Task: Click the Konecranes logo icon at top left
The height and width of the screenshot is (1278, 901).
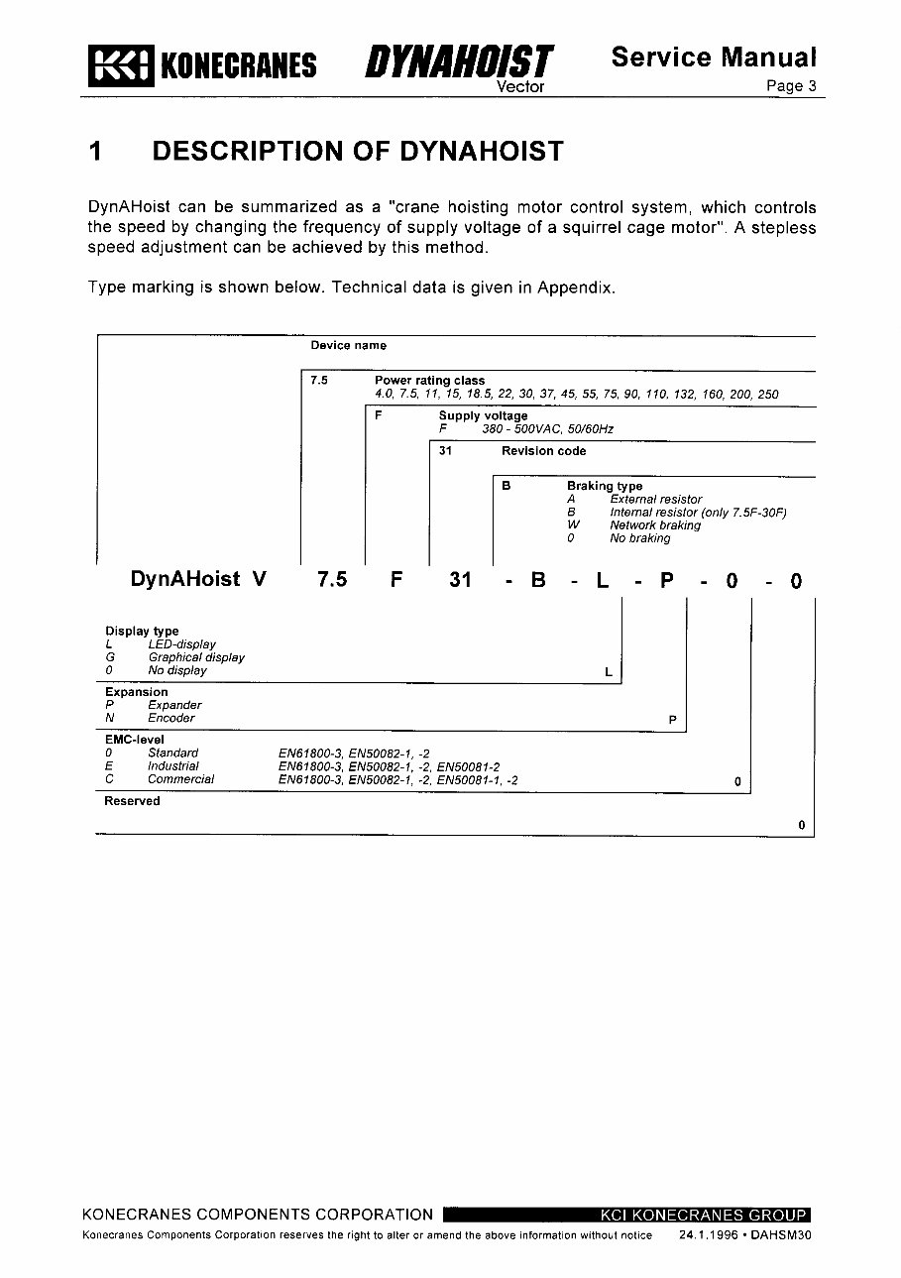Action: tap(120, 65)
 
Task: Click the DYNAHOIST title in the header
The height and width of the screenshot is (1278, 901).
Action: tap(458, 62)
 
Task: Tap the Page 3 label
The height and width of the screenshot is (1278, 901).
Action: tap(791, 86)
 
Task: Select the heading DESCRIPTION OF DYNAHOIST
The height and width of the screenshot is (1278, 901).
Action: tap(358, 152)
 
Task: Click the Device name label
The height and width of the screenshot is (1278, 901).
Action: tap(348, 346)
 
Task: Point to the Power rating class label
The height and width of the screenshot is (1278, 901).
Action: tap(429, 381)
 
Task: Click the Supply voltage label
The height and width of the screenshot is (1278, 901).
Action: tap(483, 416)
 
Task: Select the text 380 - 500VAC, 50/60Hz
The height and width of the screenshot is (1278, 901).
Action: tap(547, 429)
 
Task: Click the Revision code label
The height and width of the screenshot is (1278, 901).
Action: tap(543, 451)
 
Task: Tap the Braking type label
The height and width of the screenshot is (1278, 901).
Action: tap(604, 487)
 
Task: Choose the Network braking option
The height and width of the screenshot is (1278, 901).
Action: tap(654, 525)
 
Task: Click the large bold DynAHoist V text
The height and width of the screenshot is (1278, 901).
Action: tap(198, 580)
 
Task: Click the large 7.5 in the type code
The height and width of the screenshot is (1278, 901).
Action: tap(332, 581)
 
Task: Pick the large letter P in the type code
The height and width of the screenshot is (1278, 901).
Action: tap(667, 581)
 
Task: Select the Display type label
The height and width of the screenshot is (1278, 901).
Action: tap(142, 632)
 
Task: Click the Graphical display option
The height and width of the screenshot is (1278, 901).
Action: tap(196, 657)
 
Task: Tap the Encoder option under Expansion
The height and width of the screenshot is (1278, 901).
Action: tap(171, 718)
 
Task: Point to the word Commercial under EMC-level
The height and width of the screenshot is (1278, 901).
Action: tap(180, 779)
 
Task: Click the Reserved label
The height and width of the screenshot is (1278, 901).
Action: tap(132, 801)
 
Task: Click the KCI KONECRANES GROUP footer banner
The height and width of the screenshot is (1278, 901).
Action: tap(704, 1215)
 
